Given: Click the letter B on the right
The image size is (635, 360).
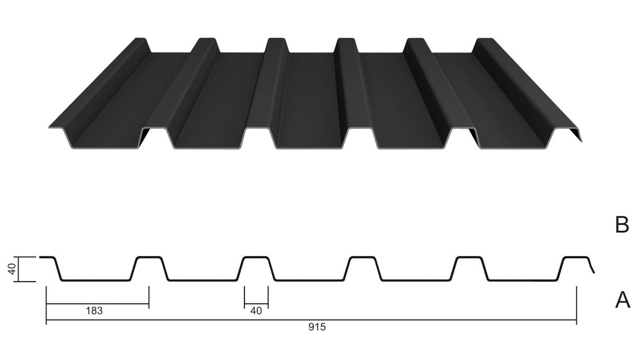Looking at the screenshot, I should click(622, 225).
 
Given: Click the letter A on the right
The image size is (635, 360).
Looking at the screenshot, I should click(623, 300).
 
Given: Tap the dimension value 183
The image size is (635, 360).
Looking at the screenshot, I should click(94, 311).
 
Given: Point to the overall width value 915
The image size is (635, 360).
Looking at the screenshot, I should click(317, 327).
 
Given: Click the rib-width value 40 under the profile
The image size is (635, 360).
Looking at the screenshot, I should click(256, 311).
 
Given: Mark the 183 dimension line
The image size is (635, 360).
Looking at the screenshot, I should click(97, 304).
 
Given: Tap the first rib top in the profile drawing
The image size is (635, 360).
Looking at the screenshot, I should click(149, 257).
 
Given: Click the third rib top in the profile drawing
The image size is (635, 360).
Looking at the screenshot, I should click(362, 257).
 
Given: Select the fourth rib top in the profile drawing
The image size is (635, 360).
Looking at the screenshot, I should click(469, 257).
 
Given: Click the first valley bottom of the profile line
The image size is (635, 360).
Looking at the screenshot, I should click(96, 280).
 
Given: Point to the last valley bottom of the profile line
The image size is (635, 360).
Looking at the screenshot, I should click(522, 280).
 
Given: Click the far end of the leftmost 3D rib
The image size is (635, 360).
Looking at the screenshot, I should click(140, 39).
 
